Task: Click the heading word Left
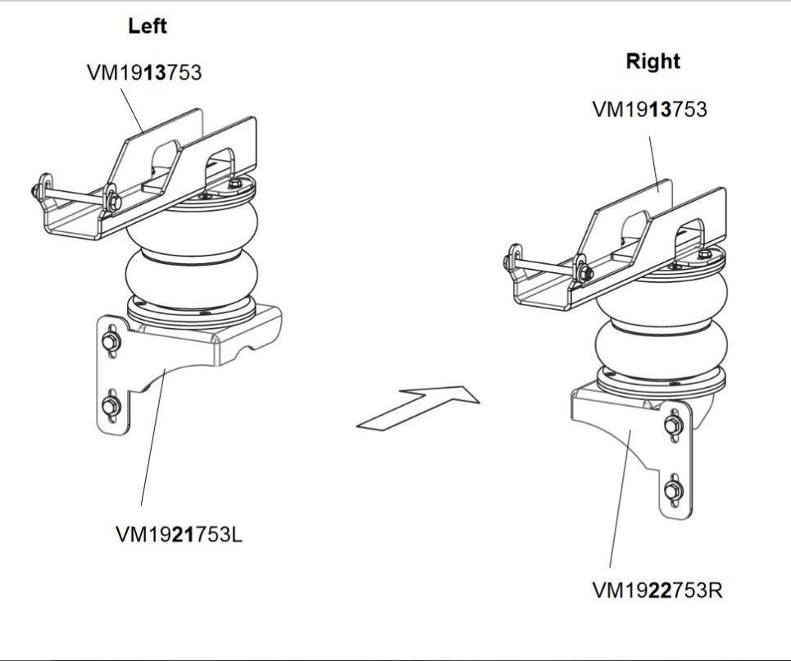pyautogui.click(x=147, y=25)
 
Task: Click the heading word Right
pyautogui.click(x=652, y=61)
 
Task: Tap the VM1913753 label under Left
pyautogui.click(x=144, y=72)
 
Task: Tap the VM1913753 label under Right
pyautogui.click(x=650, y=109)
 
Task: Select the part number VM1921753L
pyautogui.click(x=179, y=535)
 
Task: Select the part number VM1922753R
pyautogui.click(x=657, y=590)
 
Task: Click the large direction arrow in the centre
pyautogui.click(x=418, y=408)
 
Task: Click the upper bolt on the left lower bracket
pyautogui.click(x=111, y=342)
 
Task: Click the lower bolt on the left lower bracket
pyautogui.click(x=111, y=404)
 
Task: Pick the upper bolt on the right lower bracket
pyautogui.click(x=674, y=426)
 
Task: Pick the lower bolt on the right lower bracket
pyautogui.click(x=673, y=490)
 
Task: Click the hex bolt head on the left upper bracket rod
pyautogui.click(x=114, y=202)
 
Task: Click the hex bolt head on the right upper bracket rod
pyautogui.click(x=586, y=273)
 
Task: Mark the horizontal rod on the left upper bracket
pyautogui.click(x=74, y=196)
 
